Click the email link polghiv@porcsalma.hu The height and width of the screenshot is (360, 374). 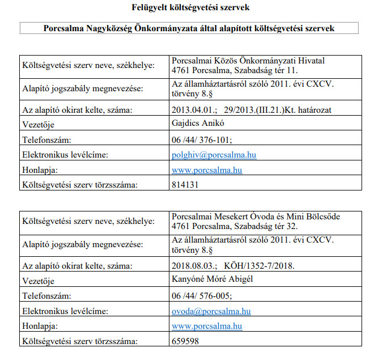214,154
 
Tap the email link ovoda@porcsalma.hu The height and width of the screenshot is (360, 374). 211,311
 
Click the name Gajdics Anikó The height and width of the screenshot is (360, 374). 195,124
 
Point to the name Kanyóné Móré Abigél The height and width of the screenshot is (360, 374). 211,280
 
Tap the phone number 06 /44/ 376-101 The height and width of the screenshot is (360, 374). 202,139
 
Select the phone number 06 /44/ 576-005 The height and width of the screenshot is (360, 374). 202,296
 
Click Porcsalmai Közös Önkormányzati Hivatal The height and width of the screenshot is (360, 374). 248,60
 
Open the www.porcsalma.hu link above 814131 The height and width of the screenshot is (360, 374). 207,170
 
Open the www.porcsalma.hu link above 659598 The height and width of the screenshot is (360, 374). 207,326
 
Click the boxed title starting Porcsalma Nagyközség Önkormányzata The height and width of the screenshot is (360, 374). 189,29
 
